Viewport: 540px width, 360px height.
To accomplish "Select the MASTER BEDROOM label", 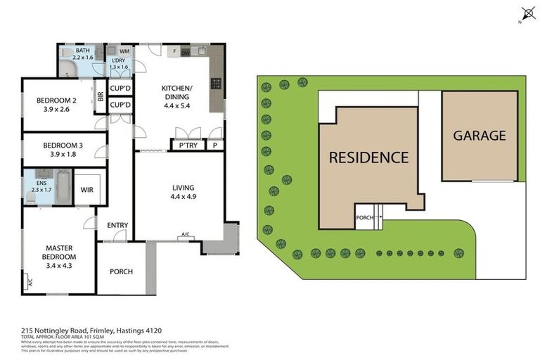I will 60,247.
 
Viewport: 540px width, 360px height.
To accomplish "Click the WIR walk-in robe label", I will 87,190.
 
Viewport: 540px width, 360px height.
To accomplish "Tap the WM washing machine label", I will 124,51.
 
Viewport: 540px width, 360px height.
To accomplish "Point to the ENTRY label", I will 117,225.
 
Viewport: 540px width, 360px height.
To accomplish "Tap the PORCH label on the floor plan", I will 121,271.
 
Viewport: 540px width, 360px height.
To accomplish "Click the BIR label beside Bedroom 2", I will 101,99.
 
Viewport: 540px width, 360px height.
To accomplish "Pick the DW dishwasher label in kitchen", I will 186,53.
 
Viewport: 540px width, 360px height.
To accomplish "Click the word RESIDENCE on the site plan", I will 368,157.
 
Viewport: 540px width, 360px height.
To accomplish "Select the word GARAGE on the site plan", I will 479,136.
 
